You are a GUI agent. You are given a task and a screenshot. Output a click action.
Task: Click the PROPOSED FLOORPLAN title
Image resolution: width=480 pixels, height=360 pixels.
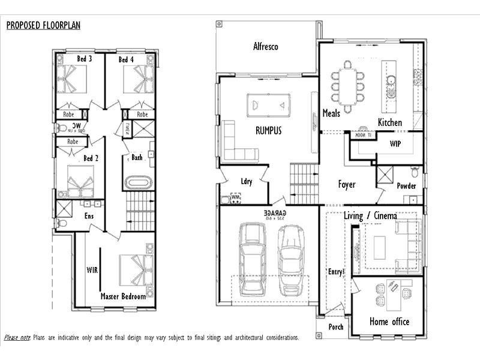pos(43,25)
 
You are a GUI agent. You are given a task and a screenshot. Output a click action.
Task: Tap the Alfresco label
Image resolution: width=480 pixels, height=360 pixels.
pos(265,46)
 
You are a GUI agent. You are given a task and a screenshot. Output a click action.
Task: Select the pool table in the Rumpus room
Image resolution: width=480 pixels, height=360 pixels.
pos(269,105)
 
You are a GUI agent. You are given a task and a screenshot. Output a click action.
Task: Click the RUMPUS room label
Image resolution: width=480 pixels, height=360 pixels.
pos(268,130)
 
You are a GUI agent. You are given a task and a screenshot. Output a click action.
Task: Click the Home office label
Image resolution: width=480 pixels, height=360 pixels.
pos(389,321)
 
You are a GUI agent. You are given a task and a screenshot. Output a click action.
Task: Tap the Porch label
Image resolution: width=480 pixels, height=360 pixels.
pos(336,327)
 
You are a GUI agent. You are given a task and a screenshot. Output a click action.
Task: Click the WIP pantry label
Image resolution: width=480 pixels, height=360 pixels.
pos(395,144)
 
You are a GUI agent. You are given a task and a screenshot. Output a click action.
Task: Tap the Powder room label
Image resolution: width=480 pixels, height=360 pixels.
pos(406,186)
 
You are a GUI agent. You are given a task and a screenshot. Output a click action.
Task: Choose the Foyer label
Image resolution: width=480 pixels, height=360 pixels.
pos(347,185)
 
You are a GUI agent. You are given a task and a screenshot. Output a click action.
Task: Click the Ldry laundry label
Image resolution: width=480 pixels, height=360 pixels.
pos(246,182)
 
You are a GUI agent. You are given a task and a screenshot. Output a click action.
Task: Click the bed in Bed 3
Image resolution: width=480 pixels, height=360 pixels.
pos(73,79)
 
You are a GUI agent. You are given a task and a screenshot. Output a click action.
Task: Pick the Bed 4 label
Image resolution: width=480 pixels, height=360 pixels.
pos(126,59)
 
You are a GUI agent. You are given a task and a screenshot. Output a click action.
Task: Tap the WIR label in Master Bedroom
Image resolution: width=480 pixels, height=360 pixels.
pos(92,269)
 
